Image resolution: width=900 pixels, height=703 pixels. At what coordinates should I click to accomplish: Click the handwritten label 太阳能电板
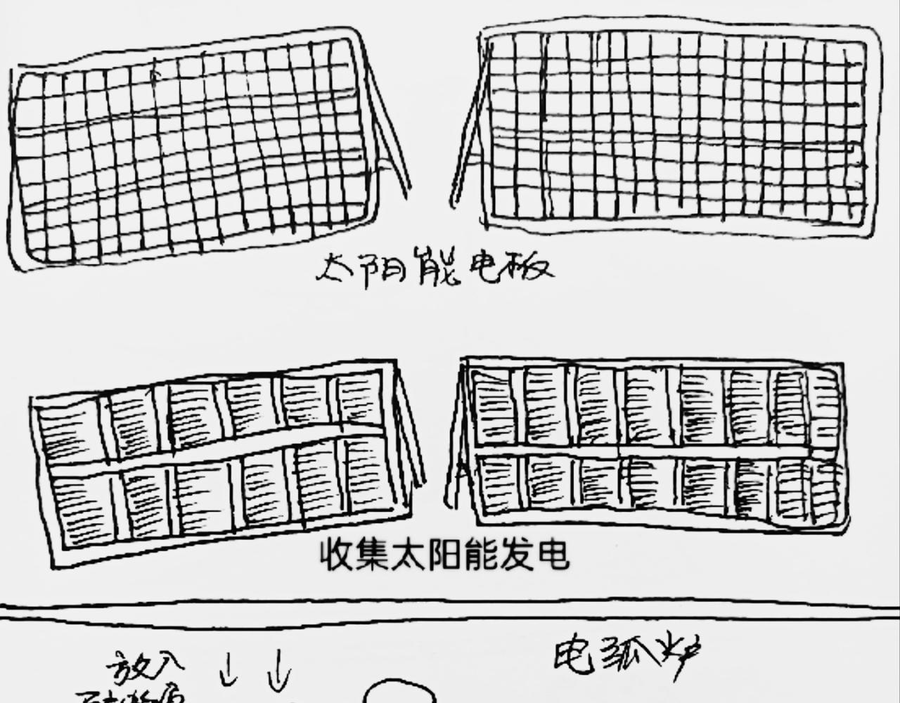tap(435, 268)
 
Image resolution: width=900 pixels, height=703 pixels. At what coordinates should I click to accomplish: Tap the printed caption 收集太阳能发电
tap(444, 555)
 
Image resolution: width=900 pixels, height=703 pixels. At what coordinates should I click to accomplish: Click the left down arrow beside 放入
tap(228, 669)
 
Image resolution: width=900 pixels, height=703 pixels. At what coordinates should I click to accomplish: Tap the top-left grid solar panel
tap(190, 148)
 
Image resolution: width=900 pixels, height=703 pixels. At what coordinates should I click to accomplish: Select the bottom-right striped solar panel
tap(654, 443)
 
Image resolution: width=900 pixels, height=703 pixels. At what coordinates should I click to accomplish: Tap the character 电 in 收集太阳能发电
tap(551, 555)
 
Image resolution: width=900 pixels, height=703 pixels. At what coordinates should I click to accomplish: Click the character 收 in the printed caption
tap(337, 555)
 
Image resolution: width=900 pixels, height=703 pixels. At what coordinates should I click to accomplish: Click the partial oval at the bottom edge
tap(399, 692)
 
